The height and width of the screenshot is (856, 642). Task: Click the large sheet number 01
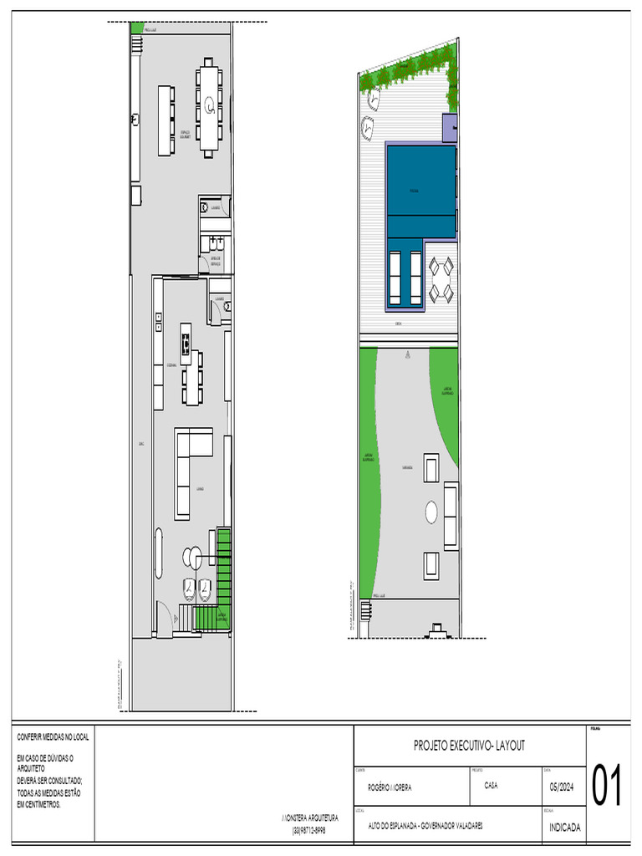click(607, 787)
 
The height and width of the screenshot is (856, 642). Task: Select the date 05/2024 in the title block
click(562, 786)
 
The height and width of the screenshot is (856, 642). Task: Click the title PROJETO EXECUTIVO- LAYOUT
click(469, 745)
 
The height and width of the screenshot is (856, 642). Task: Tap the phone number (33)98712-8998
click(308, 830)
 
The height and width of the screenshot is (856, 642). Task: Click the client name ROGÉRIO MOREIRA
click(390, 787)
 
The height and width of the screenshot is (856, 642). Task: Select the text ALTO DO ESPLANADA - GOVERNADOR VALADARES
click(425, 826)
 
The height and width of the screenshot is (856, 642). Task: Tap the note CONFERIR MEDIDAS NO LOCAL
click(53, 737)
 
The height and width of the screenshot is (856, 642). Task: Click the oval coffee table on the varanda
click(432, 512)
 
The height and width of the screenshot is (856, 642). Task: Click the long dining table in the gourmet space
click(210, 107)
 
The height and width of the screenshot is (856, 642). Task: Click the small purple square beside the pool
click(450, 128)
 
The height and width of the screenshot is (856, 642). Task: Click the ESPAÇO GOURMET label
click(186, 133)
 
